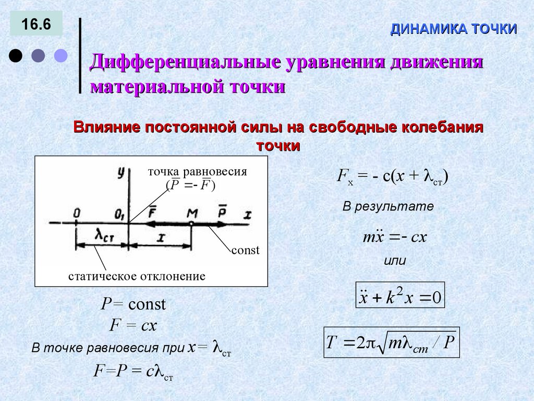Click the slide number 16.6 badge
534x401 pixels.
click(x=35, y=25)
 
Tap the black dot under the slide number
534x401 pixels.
click(x=16, y=55)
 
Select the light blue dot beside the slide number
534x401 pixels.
click(x=61, y=55)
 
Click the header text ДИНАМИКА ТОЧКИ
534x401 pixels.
click(x=454, y=29)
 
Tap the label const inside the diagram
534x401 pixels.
click(x=245, y=250)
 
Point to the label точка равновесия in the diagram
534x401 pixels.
click(x=197, y=171)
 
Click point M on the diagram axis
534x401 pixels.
click(x=192, y=223)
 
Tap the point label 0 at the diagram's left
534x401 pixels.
click(x=77, y=213)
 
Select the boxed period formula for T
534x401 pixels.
click(x=391, y=343)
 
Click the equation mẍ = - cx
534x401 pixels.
click(x=395, y=238)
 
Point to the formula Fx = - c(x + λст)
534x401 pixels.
click(x=392, y=177)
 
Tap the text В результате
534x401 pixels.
click(x=388, y=206)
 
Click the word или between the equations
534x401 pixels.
click(x=394, y=261)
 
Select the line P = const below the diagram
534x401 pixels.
click(x=133, y=304)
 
